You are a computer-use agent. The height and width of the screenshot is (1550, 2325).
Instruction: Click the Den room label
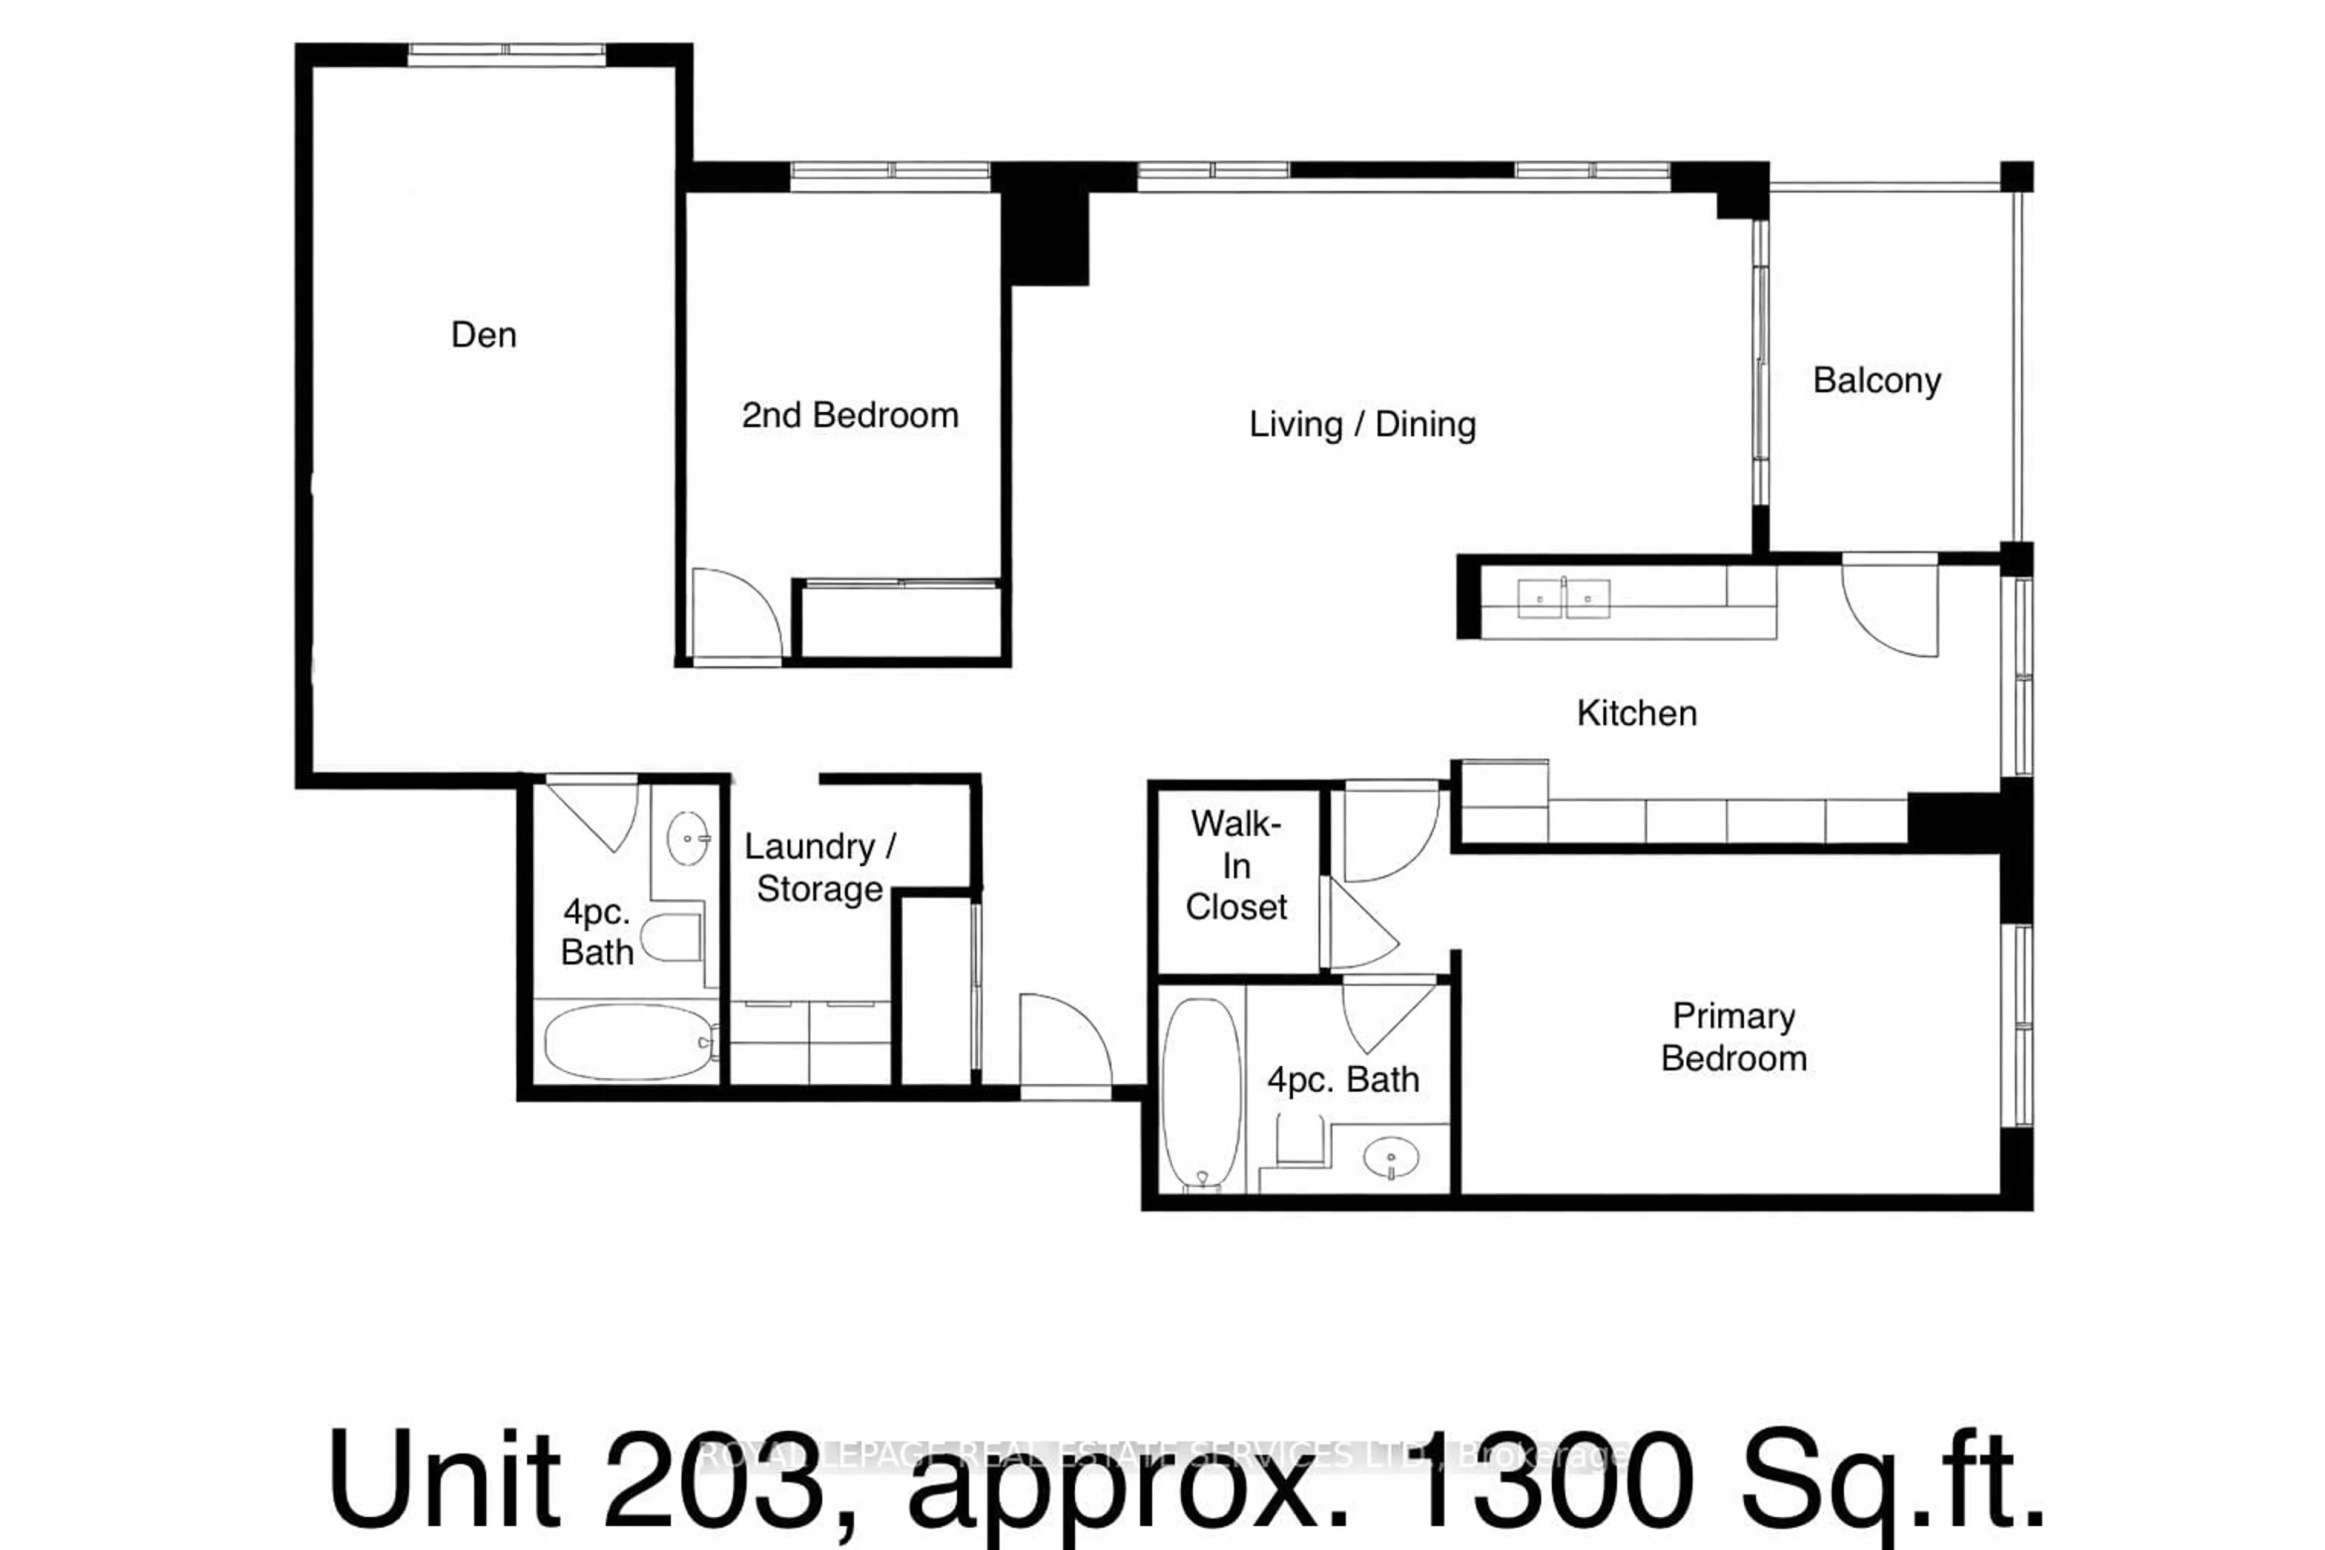(483, 335)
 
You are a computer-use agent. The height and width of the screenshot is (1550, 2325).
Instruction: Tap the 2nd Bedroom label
(850, 415)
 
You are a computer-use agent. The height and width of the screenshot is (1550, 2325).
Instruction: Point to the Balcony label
(1876, 381)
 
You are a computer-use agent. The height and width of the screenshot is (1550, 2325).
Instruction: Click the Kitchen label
(1637, 713)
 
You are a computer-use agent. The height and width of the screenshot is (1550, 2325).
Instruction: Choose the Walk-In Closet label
(1236, 865)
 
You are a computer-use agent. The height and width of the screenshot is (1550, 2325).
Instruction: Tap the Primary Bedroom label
(1734, 1037)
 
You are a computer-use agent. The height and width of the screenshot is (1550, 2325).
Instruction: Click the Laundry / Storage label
(819, 867)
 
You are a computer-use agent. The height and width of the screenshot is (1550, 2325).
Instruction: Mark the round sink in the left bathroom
(688, 838)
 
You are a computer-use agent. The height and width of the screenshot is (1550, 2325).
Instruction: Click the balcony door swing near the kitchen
(1888, 605)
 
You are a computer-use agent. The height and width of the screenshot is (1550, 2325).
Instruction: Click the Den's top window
(506, 54)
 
